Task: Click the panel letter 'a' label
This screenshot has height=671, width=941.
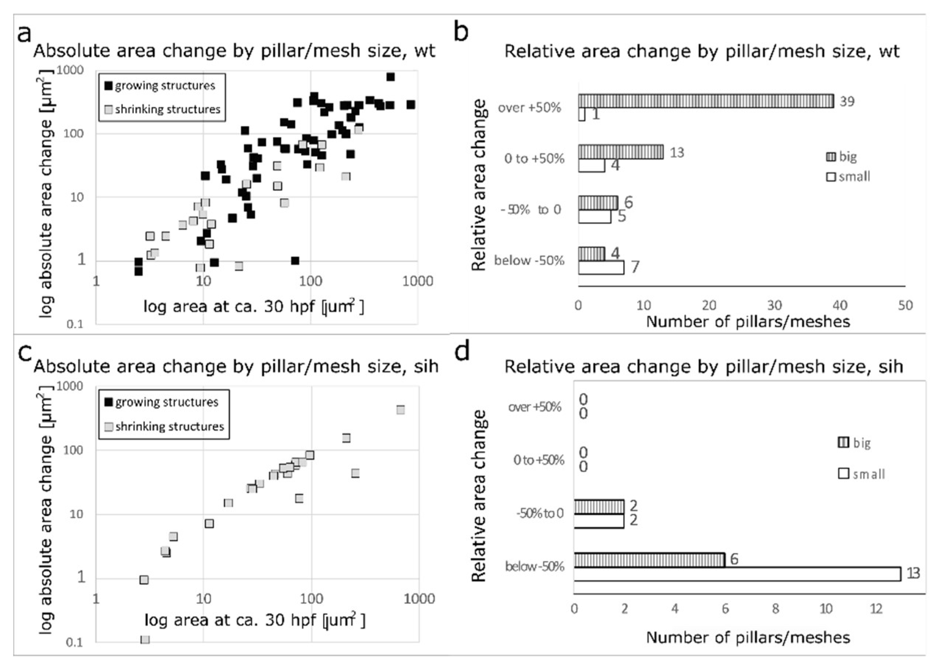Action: pyautogui.click(x=24, y=33)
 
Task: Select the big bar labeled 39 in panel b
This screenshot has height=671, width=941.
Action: pyautogui.click(x=706, y=101)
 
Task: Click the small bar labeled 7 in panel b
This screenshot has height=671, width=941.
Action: pyautogui.click(x=601, y=267)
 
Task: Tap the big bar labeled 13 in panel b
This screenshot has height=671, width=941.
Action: pyautogui.click(x=621, y=152)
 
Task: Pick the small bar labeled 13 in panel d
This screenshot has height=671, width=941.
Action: pyautogui.click(x=737, y=574)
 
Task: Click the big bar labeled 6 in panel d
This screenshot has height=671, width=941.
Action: pyautogui.click(x=649, y=560)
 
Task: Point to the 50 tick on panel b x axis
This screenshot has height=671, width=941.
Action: pyautogui.click(x=905, y=305)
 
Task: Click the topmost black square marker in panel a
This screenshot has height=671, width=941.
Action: pyautogui.click(x=390, y=77)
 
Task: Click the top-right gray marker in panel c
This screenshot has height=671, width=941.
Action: pyautogui.click(x=400, y=410)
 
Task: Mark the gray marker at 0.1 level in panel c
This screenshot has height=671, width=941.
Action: pyautogui.click(x=145, y=640)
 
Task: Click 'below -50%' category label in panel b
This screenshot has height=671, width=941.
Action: pyautogui.click(x=529, y=260)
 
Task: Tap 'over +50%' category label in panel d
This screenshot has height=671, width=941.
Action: pyautogui.click(x=535, y=407)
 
